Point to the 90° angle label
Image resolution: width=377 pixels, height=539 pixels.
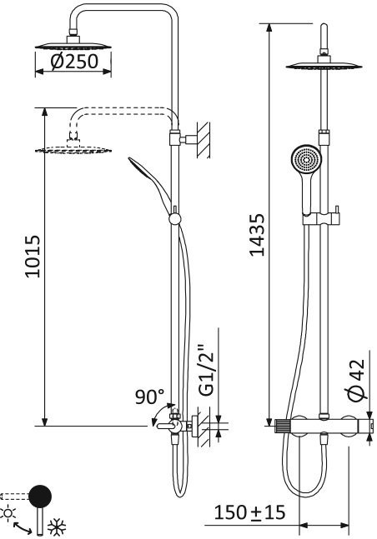151,397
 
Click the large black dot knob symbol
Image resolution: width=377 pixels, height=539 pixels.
39,497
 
